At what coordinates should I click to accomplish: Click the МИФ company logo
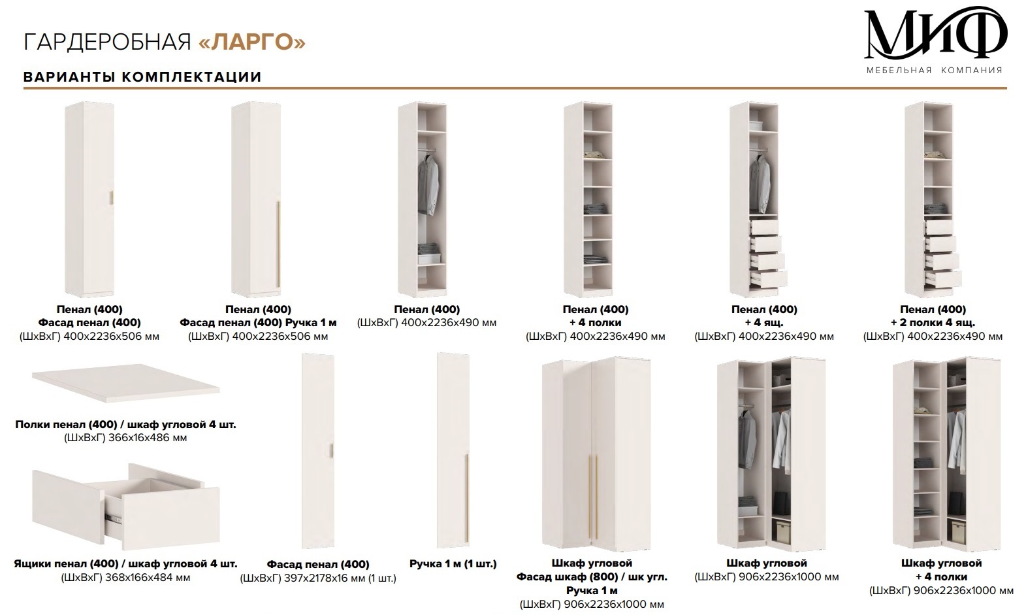(x=935, y=39)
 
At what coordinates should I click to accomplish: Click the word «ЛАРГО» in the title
(x=252, y=42)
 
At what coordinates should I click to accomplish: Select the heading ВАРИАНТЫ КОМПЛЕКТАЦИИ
(x=142, y=76)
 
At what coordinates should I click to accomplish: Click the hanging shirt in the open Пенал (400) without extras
(x=428, y=184)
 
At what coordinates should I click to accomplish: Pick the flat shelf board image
(x=125, y=383)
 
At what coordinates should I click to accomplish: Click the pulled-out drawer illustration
(x=125, y=506)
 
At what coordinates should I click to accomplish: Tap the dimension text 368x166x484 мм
(x=148, y=578)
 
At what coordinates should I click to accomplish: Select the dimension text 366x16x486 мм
(x=148, y=438)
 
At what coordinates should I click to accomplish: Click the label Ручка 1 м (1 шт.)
(x=453, y=563)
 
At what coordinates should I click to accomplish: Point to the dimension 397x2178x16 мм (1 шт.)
(x=338, y=578)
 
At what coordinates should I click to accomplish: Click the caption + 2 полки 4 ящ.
(x=933, y=323)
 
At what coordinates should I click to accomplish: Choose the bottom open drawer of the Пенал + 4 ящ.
(x=769, y=279)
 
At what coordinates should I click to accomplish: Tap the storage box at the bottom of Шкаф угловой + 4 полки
(x=959, y=531)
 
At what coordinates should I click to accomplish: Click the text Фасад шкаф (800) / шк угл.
(x=592, y=576)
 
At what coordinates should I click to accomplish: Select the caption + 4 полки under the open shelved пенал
(x=596, y=323)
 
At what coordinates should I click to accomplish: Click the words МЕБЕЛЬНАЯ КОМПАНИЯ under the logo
(x=935, y=70)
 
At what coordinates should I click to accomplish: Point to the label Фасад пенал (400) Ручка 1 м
(x=258, y=323)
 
